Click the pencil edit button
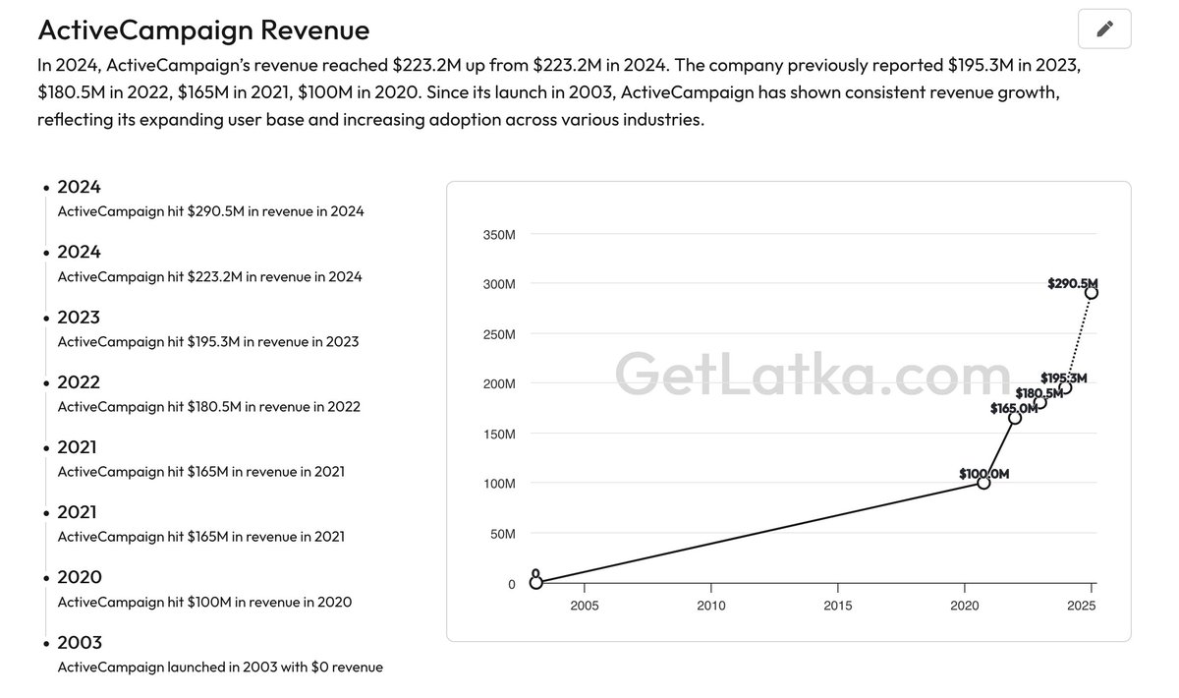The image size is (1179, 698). coord(1104,29)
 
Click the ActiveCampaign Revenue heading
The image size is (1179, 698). coord(203,29)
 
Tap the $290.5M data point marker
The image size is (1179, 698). coord(1092,293)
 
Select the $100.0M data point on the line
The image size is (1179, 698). coord(983,483)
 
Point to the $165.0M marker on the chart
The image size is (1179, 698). coord(1015,418)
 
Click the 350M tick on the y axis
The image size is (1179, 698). coord(498,235)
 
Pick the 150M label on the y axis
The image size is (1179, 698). coord(498,434)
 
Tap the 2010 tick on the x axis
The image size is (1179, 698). coord(710,606)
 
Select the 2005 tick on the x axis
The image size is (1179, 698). coord(584,606)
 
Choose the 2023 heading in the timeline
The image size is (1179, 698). coord(79,317)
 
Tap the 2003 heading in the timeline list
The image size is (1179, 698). coord(79,642)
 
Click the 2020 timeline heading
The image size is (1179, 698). coord(79,577)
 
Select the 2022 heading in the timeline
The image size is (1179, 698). coord(79,381)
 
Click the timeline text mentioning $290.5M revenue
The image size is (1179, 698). coord(210,211)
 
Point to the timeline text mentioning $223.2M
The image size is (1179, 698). coord(209,276)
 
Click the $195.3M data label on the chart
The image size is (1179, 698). coord(1064,378)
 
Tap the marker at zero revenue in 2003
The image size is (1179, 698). coord(535,583)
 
